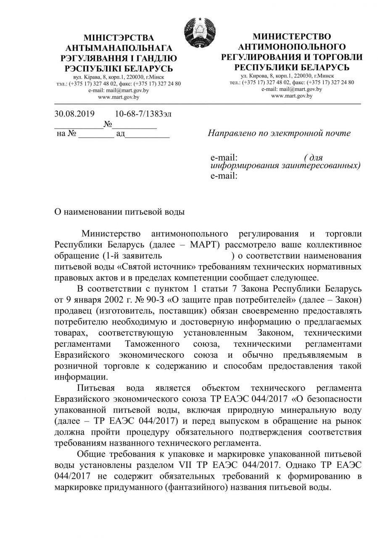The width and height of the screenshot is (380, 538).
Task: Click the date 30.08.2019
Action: [75, 114]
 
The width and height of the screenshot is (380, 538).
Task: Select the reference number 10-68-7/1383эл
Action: [143, 114]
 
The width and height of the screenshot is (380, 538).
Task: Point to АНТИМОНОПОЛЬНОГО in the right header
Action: [292, 46]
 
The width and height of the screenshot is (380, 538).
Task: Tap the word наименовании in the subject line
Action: [93, 212]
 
